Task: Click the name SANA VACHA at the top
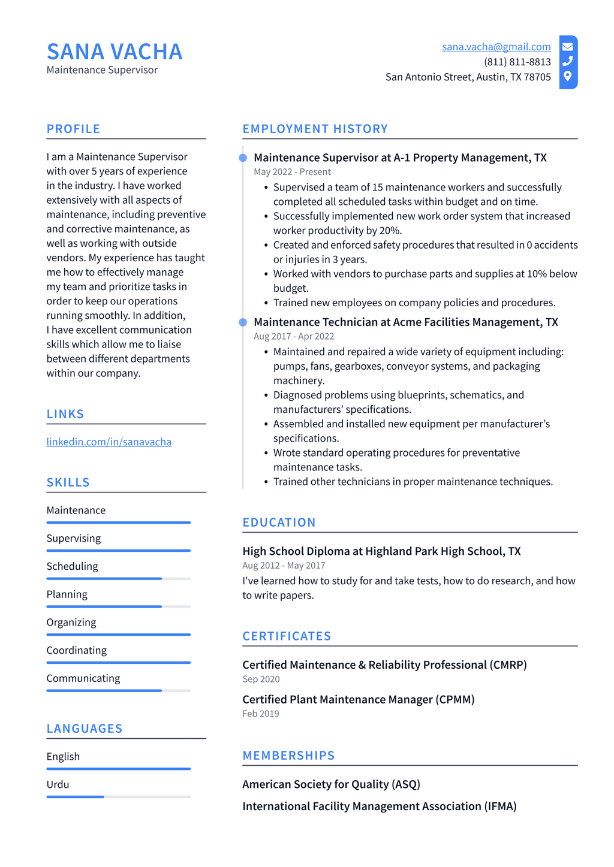(x=115, y=52)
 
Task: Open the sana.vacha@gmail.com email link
(x=496, y=47)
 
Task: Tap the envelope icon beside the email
(x=567, y=47)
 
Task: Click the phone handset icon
(x=567, y=61)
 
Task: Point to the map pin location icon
(x=567, y=76)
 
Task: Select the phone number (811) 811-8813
(x=517, y=62)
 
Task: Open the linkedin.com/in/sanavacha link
(x=109, y=442)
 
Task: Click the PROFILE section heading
(x=73, y=129)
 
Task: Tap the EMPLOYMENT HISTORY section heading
(x=315, y=129)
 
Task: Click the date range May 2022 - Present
(x=292, y=172)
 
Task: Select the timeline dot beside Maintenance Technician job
(x=243, y=322)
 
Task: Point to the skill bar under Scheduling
(x=118, y=578)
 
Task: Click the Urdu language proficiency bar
(x=118, y=796)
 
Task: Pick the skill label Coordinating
(x=77, y=650)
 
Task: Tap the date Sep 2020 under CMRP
(x=261, y=679)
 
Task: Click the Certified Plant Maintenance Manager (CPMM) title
(x=358, y=699)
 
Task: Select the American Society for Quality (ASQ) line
(x=331, y=784)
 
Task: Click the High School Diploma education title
(x=381, y=551)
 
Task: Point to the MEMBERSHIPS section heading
(x=288, y=756)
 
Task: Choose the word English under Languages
(x=63, y=756)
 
